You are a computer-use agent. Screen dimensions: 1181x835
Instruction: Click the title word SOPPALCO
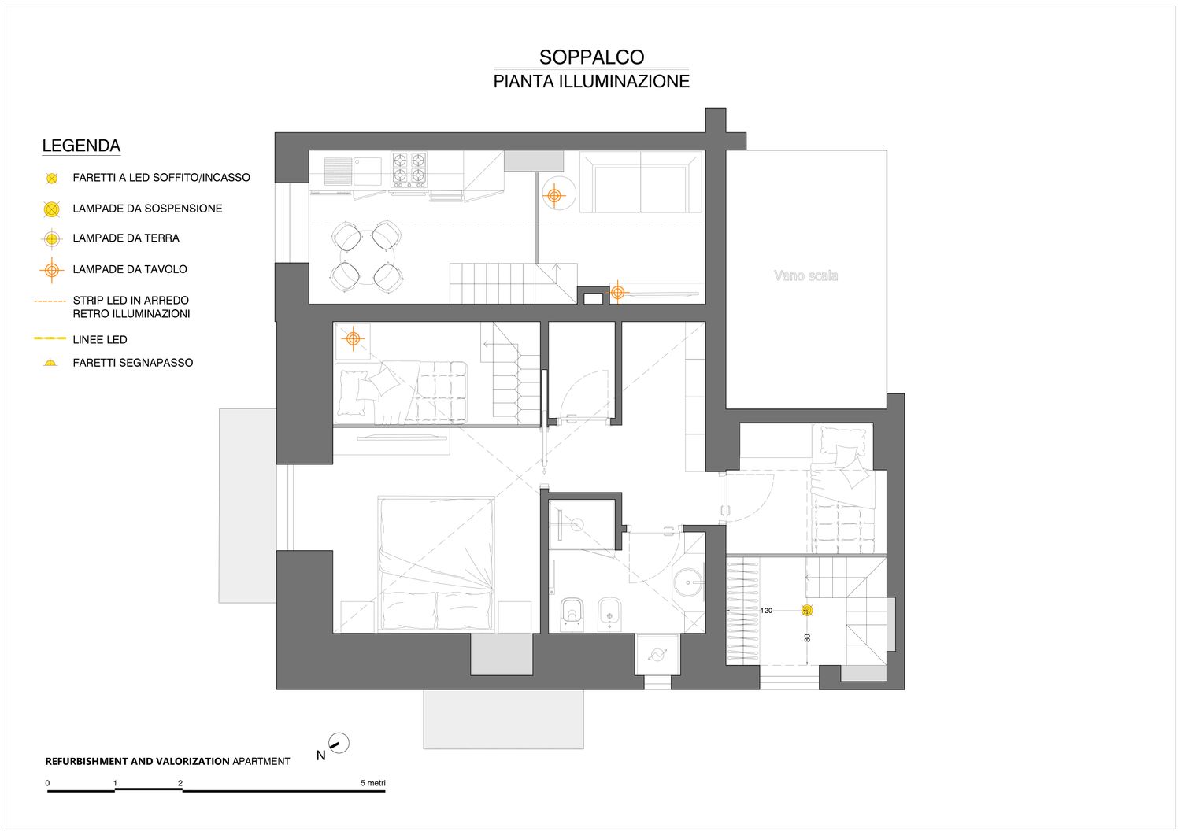591,57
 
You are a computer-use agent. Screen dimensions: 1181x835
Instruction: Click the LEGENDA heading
81,146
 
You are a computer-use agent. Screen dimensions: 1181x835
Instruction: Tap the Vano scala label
805,275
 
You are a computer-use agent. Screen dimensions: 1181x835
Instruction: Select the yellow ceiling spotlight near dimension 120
807,611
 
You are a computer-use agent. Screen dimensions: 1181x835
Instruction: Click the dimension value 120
766,611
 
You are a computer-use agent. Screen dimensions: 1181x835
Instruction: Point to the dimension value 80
807,637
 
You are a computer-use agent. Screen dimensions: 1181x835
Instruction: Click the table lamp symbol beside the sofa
554,196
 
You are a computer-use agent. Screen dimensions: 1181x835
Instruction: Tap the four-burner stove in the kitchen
409,168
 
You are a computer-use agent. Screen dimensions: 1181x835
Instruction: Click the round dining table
367,257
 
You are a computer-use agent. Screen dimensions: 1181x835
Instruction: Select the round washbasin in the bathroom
689,582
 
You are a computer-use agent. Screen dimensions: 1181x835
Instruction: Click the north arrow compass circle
339,743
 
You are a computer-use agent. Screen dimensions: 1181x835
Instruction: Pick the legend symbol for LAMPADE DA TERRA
52,238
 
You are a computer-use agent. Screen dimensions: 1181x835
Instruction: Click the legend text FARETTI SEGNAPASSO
133,363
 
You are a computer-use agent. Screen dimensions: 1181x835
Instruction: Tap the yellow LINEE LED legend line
50,338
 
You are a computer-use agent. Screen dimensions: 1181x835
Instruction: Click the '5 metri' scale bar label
372,783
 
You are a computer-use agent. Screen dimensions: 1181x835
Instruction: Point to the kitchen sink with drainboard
352,171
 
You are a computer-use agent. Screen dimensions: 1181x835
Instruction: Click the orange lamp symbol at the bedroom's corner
354,338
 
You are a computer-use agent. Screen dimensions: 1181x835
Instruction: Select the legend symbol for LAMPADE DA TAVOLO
52,270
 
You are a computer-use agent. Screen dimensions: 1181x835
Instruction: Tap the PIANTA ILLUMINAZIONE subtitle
591,82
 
